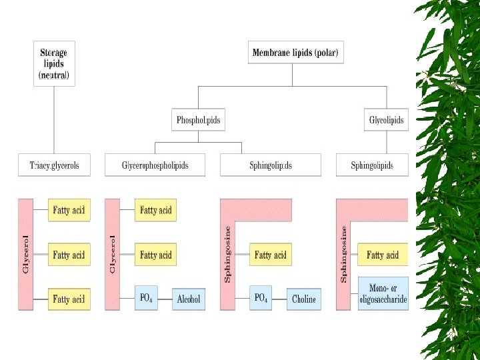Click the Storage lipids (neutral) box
pyautogui.click(x=54, y=64)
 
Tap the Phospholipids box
pyautogui.click(x=198, y=121)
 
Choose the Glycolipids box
pyautogui.click(x=387, y=121)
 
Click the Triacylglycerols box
pyautogui.click(x=54, y=165)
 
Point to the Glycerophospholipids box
pyautogui.click(x=155, y=165)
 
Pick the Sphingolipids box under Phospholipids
pyautogui.click(x=270, y=165)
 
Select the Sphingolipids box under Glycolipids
pyautogui.click(x=372, y=165)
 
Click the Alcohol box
pyautogui.click(x=189, y=299)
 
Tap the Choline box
pyautogui.click(x=303, y=299)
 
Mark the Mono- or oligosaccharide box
pyautogui.click(x=383, y=294)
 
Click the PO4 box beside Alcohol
pyautogui.click(x=146, y=298)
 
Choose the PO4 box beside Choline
pyautogui.click(x=261, y=298)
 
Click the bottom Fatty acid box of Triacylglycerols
pyautogui.click(x=69, y=299)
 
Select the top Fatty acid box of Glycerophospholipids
pyautogui.click(x=155, y=211)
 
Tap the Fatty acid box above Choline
pyautogui.click(x=271, y=255)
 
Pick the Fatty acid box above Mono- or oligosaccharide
pyautogui.click(x=383, y=255)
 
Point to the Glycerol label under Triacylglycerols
pyautogui.click(x=26, y=254)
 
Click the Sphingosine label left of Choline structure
pyautogui.click(x=227, y=253)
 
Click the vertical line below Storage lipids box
pyautogui.click(x=54, y=120)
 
